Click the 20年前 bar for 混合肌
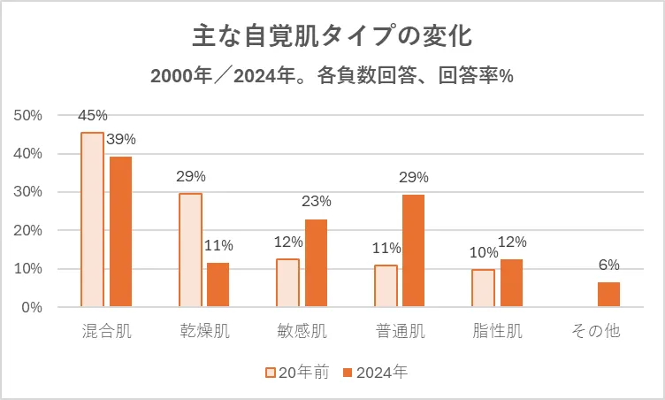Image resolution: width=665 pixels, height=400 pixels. [92, 219]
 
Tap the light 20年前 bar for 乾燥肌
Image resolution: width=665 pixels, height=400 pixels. [190, 250]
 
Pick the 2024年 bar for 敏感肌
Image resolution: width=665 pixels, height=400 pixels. [316, 263]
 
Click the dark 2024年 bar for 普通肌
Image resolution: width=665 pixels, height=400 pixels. [414, 250]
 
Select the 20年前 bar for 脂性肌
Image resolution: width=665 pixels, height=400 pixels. [483, 288]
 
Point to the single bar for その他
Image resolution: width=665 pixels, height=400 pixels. [608, 295]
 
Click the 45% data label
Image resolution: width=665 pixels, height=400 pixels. [92, 115]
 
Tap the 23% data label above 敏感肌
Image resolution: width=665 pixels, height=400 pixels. [317, 202]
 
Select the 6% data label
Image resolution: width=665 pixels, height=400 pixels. [608, 265]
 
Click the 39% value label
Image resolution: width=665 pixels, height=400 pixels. [121, 139]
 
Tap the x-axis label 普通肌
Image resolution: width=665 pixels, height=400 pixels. [400, 333]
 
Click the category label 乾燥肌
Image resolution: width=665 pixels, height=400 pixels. [204, 333]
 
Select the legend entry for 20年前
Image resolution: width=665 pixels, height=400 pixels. [297, 373]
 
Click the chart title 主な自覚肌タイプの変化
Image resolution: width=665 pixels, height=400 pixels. [332, 37]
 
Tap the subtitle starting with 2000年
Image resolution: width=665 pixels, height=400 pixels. [332, 76]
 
